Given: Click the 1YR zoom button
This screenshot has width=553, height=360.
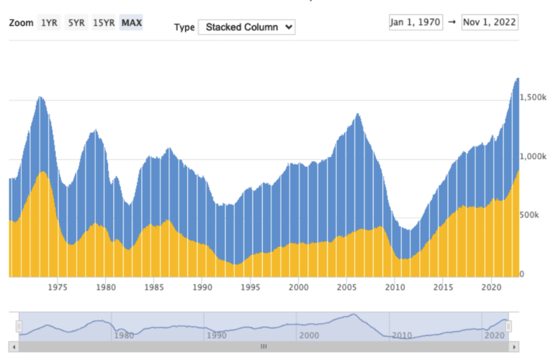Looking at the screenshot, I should click(x=49, y=22).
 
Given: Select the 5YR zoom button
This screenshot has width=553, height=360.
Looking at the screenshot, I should click(x=76, y=22).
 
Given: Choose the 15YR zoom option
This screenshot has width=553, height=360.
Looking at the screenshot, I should click(x=104, y=22).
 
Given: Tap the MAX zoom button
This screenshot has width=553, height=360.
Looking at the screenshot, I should click(x=132, y=22).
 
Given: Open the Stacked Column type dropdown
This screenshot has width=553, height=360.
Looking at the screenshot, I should click(x=246, y=27).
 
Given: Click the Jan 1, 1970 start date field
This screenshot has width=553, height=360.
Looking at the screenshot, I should click(x=415, y=22).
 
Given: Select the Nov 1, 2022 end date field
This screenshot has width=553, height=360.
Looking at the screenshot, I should click(x=490, y=22).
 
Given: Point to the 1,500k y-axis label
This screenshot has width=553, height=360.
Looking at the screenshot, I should click(x=534, y=96).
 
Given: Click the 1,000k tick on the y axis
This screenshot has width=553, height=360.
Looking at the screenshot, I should click(x=534, y=156).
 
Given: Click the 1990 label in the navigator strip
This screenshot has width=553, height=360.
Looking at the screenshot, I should click(x=215, y=336).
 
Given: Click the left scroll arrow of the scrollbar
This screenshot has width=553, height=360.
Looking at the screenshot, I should click(x=14, y=346).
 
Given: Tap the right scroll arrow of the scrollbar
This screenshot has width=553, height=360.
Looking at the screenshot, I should click(x=514, y=346).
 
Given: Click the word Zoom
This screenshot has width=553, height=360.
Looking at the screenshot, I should click(x=21, y=22).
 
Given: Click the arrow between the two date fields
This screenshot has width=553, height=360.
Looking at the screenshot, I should click(x=451, y=22).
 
